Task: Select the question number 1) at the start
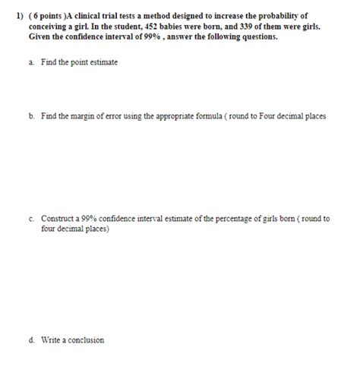click(x=10, y=15)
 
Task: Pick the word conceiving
click(x=48, y=26)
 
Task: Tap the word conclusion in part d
click(x=87, y=340)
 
